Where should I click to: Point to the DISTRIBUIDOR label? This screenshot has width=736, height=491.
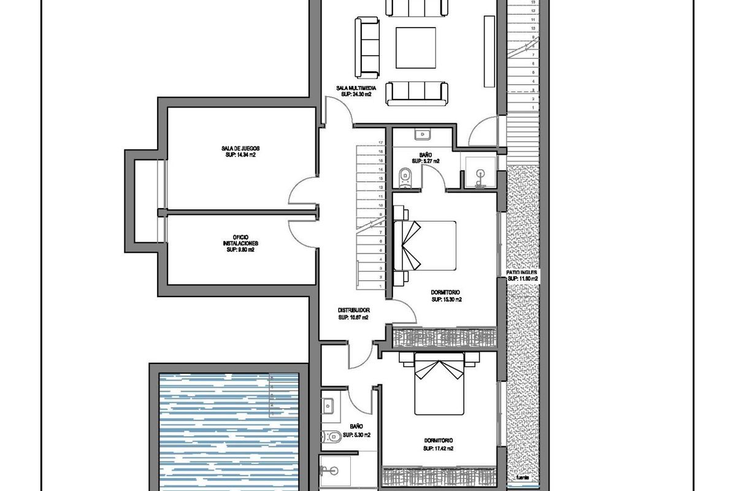[x=353, y=311]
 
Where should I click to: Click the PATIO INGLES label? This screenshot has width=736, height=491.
[x=521, y=272]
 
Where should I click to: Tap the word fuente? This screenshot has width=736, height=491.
[x=523, y=476]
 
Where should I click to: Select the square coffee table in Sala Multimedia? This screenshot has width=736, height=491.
[x=416, y=48]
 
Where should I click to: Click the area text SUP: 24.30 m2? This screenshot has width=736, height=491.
[x=357, y=95]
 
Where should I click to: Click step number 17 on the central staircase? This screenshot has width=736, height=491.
[x=381, y=142]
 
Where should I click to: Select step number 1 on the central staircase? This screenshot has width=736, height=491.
[x=381, y=287]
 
